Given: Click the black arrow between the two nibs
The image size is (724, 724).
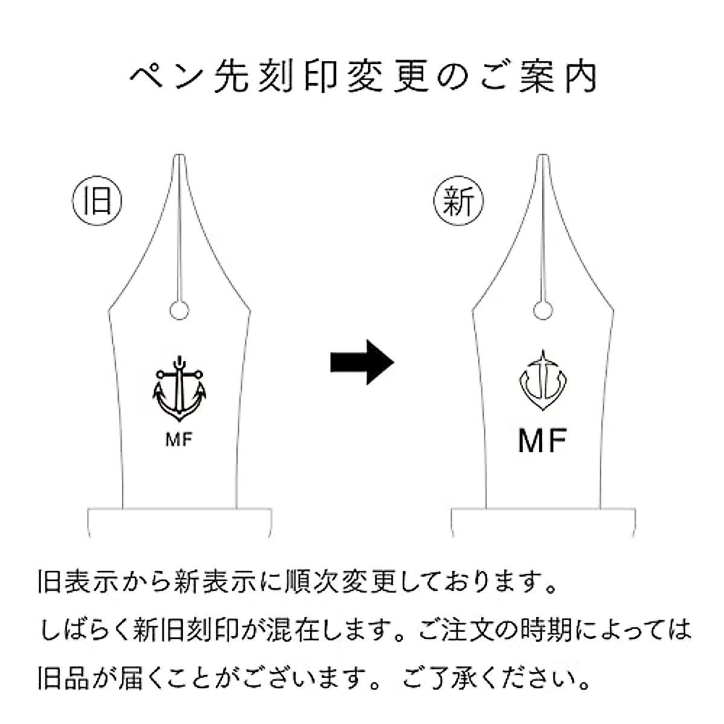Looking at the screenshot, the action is [x=362, y=362].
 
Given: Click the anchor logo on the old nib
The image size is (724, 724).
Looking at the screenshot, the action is [x=179, y=390].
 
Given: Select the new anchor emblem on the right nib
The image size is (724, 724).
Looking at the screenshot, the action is [x=544, y=383].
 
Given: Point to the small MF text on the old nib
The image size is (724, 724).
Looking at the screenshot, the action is [x=179, y=440].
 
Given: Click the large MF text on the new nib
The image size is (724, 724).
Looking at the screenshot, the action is [x=543, y=442].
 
